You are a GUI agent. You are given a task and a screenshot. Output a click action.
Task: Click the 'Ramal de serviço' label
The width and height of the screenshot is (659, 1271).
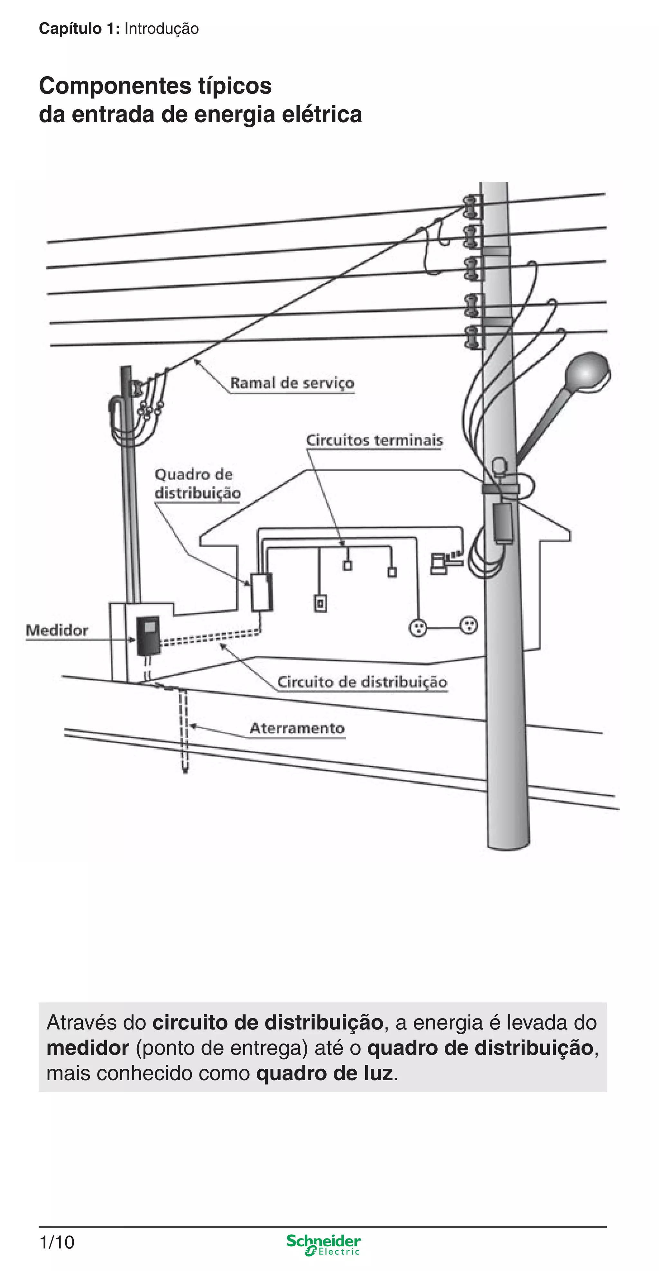(292, 383)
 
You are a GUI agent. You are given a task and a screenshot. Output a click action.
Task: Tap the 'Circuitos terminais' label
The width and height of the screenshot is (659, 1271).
(374, 440)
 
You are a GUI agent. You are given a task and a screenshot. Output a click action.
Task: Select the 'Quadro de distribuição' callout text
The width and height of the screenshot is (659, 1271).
(198, 484)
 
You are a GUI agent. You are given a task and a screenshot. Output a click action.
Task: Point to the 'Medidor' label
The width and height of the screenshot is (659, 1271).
(57, 630)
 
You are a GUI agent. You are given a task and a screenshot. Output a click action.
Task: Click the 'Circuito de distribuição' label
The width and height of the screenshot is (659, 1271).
(362, 682)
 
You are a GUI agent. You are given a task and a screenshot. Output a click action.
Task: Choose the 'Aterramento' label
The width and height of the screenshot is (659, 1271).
(297, 728)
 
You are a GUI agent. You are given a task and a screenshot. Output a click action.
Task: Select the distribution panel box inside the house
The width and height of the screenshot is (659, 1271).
(261, 592)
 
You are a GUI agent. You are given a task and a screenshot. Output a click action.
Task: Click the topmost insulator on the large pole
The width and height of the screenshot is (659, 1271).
(471, 206)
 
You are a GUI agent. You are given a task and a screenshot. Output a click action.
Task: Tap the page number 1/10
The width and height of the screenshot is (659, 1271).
(57, 1242)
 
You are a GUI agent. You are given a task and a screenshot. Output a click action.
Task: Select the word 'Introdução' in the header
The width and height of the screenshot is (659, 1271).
(162, 29)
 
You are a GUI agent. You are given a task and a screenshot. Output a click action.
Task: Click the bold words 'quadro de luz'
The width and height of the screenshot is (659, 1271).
(325, 1073)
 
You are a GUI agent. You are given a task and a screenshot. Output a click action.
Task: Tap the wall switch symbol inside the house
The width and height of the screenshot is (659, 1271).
(320, 603)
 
